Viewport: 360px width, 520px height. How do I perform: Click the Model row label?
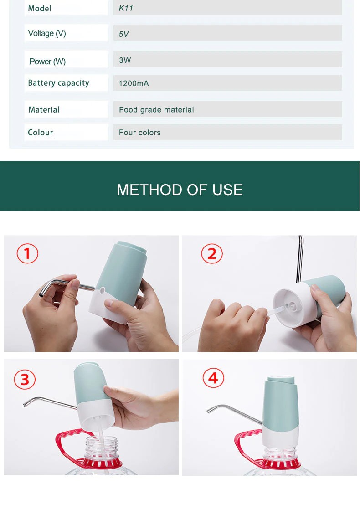[40, 8]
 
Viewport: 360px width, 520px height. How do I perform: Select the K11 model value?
[126, 8]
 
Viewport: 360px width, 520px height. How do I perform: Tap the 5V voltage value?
[123, 34]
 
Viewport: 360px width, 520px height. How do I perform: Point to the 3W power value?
[125, 60]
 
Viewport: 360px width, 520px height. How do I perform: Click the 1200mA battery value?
[134, 83]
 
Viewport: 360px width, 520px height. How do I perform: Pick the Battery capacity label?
[58, 83]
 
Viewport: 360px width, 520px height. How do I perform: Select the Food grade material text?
[156, 109]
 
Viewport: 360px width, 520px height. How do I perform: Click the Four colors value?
[139, 132]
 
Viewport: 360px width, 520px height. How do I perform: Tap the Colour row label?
[40, 132]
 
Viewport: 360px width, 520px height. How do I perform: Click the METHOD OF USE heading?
[180, 190]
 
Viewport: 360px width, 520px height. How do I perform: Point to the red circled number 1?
[27, 253]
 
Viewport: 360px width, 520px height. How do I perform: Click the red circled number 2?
[212, 254]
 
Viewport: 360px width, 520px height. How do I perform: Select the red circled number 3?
[25, 379]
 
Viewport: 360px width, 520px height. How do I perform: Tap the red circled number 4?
[213, 378]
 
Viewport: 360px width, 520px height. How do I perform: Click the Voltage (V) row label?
[47, 33]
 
